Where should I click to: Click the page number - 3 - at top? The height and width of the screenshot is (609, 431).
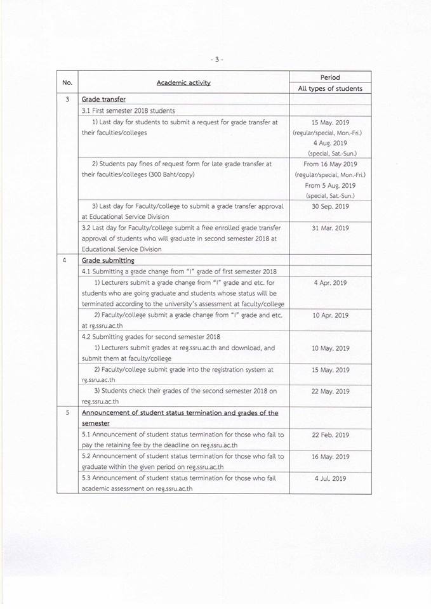click(x=216, y=60)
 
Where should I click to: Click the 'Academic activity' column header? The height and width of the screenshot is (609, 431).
click(x=183, y=83)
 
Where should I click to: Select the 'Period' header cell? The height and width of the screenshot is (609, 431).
click(x=330, y=77)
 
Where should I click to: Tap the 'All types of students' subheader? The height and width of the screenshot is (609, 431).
click(x=330, y=89)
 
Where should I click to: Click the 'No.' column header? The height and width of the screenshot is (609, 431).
click(x=67, y=83)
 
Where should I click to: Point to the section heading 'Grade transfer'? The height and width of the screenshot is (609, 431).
click(x=103, y=100)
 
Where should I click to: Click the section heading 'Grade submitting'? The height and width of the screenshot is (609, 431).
click(x=108, y=260)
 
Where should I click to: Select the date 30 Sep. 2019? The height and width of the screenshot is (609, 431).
click(x=331, y=206)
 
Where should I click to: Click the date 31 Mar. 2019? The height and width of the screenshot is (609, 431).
click(x=331, y=228)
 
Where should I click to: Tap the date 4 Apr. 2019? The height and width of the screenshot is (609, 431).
click(x=331, y=282)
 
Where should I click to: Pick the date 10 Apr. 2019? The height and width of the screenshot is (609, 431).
click(x=331, y=315)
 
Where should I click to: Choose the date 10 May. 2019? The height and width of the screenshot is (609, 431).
click(x=331, y=348)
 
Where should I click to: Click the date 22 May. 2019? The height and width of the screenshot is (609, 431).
click(x=331, y=391)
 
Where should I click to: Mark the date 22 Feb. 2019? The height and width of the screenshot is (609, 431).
click(x=331, y=435)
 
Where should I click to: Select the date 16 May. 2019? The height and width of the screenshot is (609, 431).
click(x=331, y=457)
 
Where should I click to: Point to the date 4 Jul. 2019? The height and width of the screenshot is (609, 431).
click(x=331, y=478)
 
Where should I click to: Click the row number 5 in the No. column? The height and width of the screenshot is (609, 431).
click(x=67, y=413)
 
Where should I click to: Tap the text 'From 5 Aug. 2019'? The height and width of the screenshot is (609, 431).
click(x=331, y=185)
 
